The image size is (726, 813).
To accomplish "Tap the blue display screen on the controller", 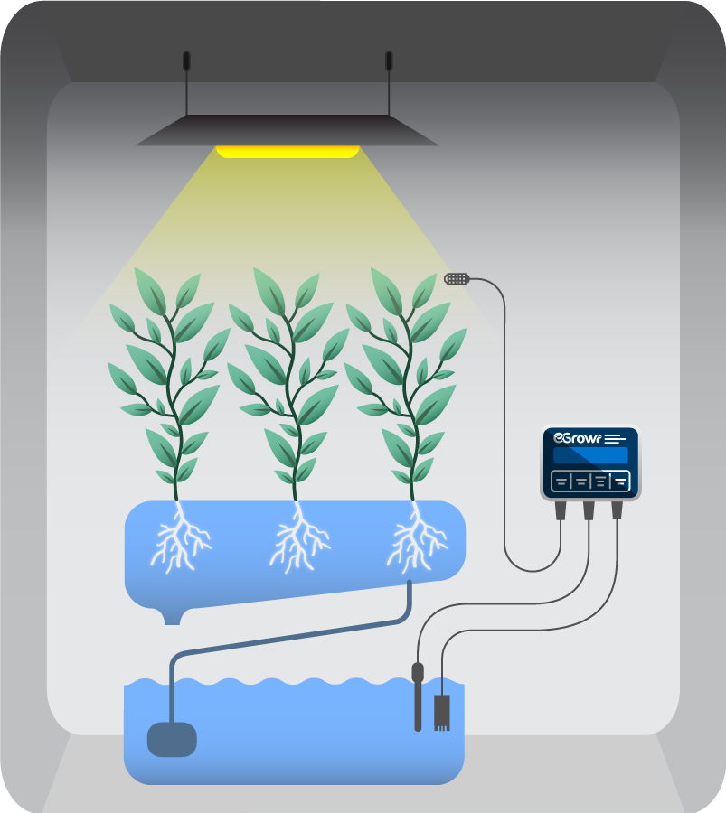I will coord(590,455).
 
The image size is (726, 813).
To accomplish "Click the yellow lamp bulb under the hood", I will coord(288,152).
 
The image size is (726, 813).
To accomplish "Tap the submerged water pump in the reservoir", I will coord(172,738).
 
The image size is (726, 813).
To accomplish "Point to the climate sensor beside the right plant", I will coord(457,278).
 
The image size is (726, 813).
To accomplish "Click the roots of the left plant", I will coord(181,542).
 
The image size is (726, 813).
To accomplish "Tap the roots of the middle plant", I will coord(298,542).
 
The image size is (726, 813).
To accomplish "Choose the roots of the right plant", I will coord(416,542).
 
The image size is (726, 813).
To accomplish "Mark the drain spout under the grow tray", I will coord(172,616).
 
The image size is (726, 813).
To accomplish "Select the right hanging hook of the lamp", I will coord(389,61).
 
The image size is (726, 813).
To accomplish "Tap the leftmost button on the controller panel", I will coord(561,481).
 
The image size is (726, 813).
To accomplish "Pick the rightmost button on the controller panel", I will coord(620,481).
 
